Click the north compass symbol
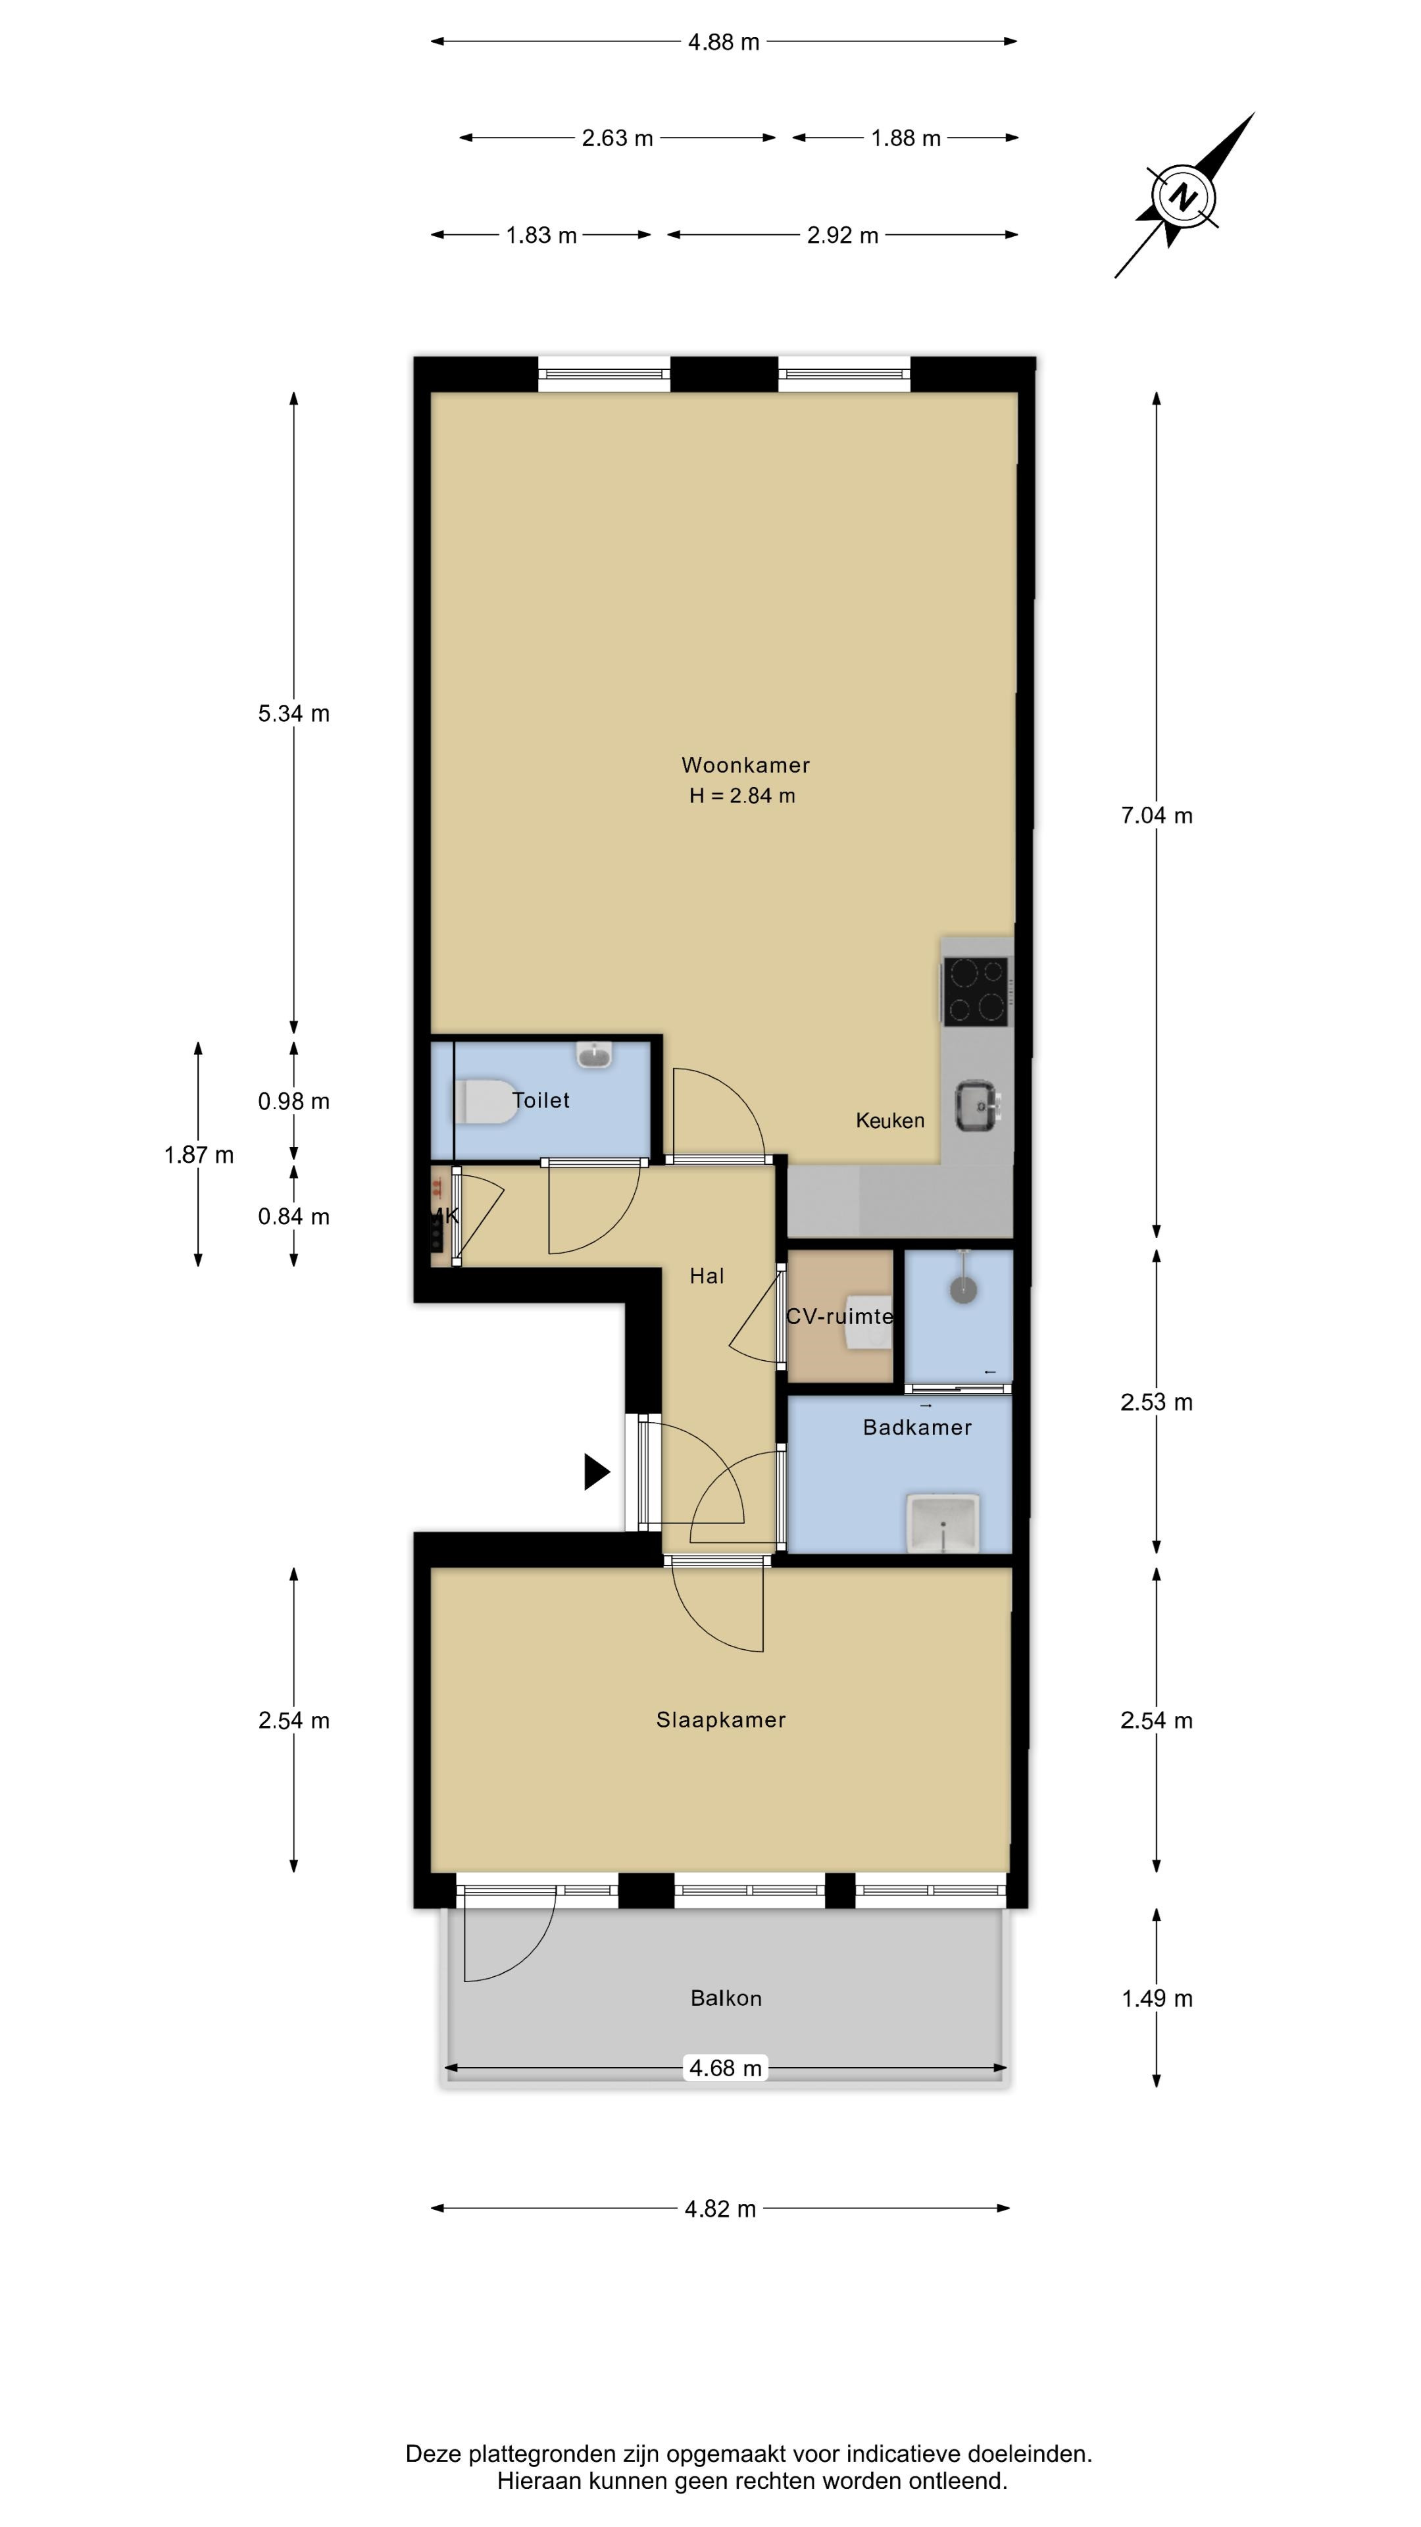[1185, 196]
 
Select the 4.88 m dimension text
[724, 42]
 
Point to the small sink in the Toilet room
[594, 1054]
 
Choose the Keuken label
[889, 1120]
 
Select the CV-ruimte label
[839, 1316]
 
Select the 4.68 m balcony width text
[726, 2068]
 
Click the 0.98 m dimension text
[294, 1102]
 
